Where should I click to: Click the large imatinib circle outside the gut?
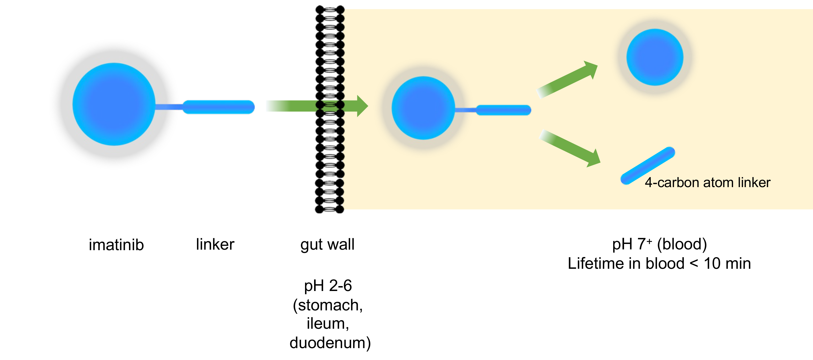pyautogui.click(x=114, y=104)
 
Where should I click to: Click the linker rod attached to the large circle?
pyautogui.click(x=218, y=107)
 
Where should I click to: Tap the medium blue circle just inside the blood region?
pyautogui.click(x=423, y=108)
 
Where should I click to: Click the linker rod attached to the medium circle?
pyautogui.click(x=503, y=110)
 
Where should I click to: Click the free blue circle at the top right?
pyautogui.click(x=655, y=57)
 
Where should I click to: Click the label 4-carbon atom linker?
pyautogui.click(x=707, y=183)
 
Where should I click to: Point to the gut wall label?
pyautogui.click(x=327, y=244)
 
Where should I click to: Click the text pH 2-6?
pyautogui.click(x=328, y=286)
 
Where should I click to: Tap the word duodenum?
pyautogui.click(x=330, y=343)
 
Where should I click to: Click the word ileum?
pyautogui.click(x=327, y=324)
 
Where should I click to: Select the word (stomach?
pyautogui.click(x=328, y=305)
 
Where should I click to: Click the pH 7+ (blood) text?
pyautogui.click(x=659, y=244)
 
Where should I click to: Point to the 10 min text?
pyautogui.click(x=727, y=263)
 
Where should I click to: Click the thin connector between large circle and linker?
pyautogui.click(x=169, y=107)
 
